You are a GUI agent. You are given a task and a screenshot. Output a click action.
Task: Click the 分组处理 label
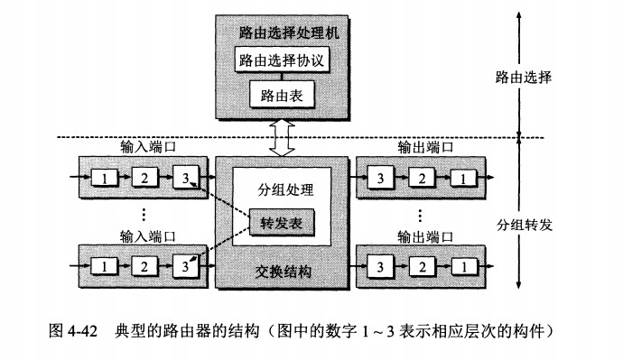pyautogui.click(x=284, y=190)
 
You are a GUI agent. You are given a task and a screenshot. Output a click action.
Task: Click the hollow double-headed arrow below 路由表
pyautogui.click(x=281, y=136)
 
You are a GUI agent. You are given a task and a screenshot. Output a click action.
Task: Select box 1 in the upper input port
pyautogui.click(x=105, y=178)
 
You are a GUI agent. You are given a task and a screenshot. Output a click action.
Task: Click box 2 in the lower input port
pyautogui.click(x=145, y=267)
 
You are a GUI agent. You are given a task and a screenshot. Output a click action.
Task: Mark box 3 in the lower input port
pyautogui.click(x=186, y=267)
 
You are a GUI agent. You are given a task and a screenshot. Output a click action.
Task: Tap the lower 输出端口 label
pyautogui.click(x=424, y=236)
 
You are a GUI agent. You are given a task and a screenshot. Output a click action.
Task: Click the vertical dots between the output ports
pyautogui.click(x=421, y=217)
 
